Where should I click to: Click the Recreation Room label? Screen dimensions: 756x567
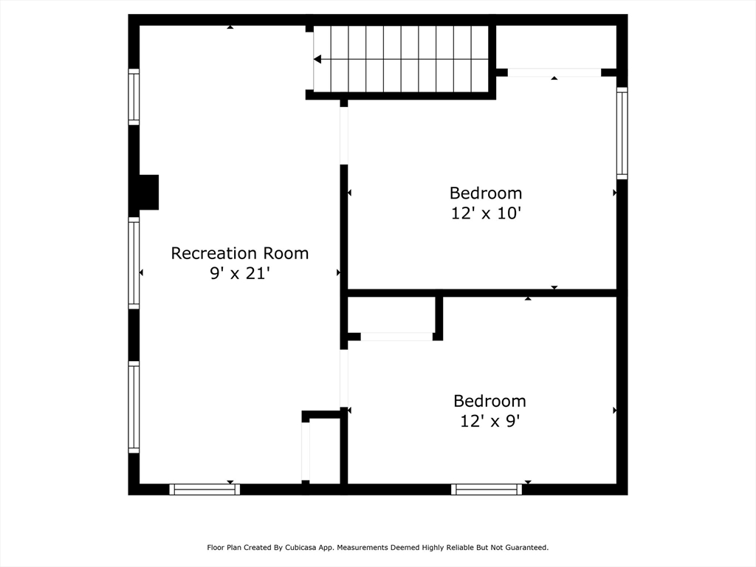click(x=240, y=253)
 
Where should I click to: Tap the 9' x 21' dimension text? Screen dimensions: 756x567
click(x=240, y=273)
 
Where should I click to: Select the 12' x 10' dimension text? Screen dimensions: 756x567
click(x=486, y=213)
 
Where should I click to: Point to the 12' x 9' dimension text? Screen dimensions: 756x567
click(x=489, y=422)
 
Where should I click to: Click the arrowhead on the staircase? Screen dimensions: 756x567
click(x=317, y=59)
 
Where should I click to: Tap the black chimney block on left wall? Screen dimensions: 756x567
click(x=148, y=193)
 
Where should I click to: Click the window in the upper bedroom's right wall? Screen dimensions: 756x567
click(x=622, y=133)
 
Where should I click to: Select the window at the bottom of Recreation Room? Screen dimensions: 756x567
click(x=205, y=489)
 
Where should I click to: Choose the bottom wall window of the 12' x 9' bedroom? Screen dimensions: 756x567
click(x=487, y=489)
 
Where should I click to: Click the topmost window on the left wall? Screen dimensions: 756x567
click(x=134, y=97)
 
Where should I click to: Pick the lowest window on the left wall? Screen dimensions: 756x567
click(x=134, y=408)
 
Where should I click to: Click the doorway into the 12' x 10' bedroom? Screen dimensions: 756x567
click(x=344, y=136)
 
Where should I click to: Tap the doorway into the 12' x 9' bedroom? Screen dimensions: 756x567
click(x=344, y=379)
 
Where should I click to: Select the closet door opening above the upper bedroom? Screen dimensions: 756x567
click(x=554, y=72)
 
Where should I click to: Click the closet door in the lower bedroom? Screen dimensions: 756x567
click(x=396, y=337)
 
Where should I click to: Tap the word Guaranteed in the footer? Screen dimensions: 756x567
click(x=527, y=548)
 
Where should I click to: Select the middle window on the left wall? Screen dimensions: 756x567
click(x=134, y=263)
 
